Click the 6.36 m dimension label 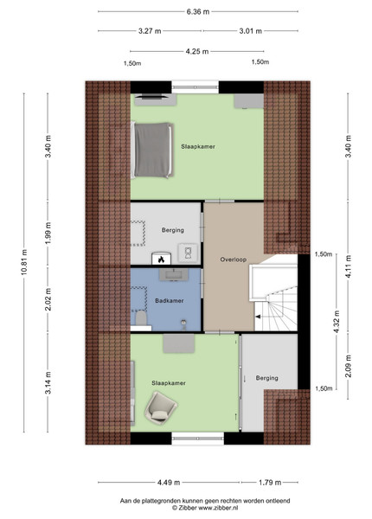tap(198, 12)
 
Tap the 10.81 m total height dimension tap(24, 262)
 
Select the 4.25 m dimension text tap(197, 51)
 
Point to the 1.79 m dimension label tap(270, 483)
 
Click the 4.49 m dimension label tap(169, 483)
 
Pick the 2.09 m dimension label tap(348, 366)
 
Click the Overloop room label tap(234, 259)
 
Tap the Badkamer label tap(169, 301)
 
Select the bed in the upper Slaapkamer tap(152, 150)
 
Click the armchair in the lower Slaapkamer tap(161, 407)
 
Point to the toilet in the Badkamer tap(141, 318)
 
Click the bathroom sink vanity tap(174, 275)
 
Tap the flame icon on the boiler tap(161, 259)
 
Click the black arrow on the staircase tap(258, 317)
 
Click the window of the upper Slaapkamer tap(196, 87)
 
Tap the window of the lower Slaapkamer tap(198, 439)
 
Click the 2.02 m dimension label tap(48, 299)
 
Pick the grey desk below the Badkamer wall tap(179, 343)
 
